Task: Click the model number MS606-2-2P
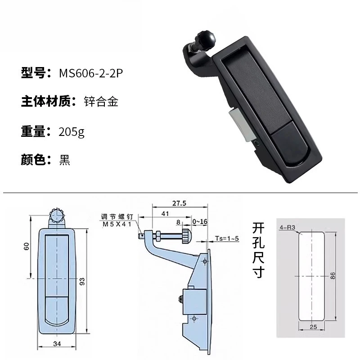(90, 73)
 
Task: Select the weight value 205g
(72, 132)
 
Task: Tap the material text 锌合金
(101, 102)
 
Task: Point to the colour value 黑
(64, 160)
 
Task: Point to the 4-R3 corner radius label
(287, 228)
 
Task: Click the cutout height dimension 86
(333, 276)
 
